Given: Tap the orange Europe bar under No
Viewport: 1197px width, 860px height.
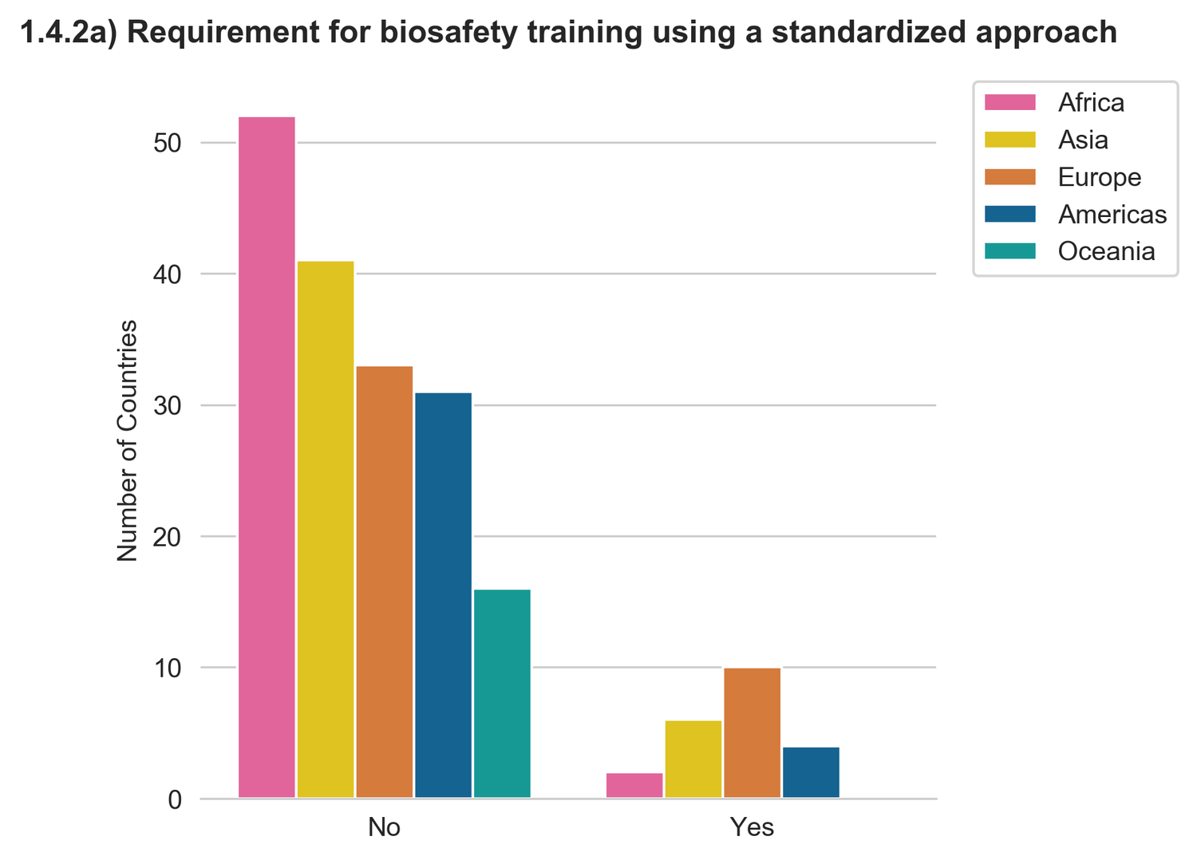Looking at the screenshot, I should pyautogui.click(x=385, y=582).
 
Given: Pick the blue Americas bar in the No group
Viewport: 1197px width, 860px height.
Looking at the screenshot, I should pyautogui.click(x=444, y=595).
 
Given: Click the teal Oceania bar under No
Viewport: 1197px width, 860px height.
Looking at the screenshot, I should pyautogui.click(x=502, y=693).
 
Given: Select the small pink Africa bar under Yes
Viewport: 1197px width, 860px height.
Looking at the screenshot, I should pyautogui.click(x=634, y=785).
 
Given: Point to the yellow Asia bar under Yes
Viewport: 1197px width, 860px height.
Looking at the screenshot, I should pyautogui.click(x=693, y=759).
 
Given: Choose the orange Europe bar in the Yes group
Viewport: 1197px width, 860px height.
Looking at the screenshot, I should pyautogui.click(x=753, y=732).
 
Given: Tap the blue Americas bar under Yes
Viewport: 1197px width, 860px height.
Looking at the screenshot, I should pyautogui.click(x=811, y=771).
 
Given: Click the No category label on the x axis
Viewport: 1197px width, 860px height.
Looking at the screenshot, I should pyautogui.click(x=385, y=827).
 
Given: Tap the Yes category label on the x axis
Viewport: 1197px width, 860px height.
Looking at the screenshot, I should pyautogui.click(x=753, y=827).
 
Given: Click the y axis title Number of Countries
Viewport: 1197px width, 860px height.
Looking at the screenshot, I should pyautogui.click(x=128, y=440).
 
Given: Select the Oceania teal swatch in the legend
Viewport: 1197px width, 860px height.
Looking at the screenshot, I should pyautogui.click(x=1010, y=251).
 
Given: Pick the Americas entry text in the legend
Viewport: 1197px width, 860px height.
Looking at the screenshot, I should pyautogui.click(x=1112, y=214).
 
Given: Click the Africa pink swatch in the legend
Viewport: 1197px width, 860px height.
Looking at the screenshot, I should pyautogui.click(x=1010, y=102).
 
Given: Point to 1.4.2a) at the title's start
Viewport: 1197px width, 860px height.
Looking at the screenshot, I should pyautogui.click(x=67, y=33).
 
